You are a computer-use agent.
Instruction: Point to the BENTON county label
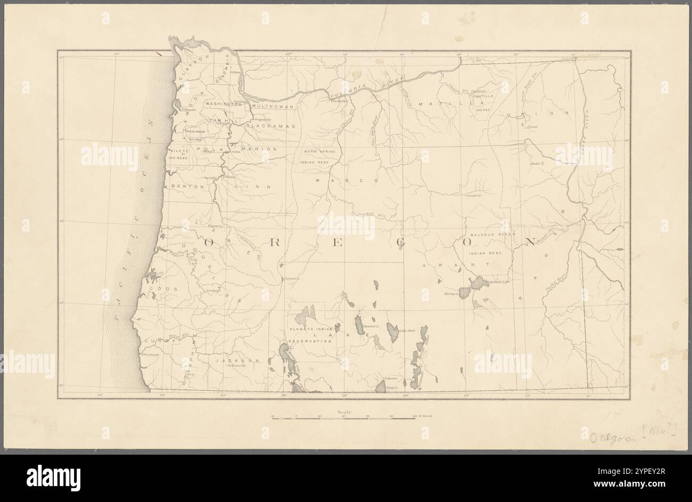(x=187, y=187)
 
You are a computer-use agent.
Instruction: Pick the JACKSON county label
(x=240, y=361)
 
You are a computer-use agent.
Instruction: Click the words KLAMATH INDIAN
(x=310, y=330)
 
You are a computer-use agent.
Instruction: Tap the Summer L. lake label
(x=370, y=325)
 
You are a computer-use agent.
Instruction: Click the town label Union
(x=532, y=127)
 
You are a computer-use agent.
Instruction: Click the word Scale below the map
(x=344, y=412)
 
